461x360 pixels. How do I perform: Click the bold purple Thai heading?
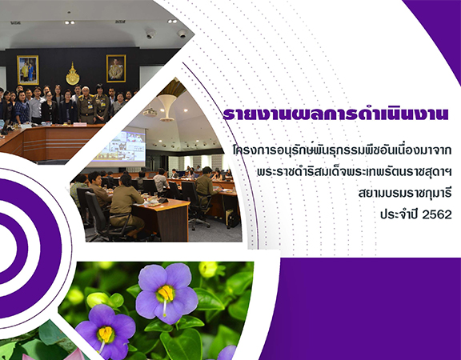point(335,114)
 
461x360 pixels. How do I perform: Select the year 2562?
point(437,215)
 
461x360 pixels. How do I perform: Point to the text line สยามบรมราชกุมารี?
point(405,194)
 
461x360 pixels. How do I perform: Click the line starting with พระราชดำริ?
point(355,172)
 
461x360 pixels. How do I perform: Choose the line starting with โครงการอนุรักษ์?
point(342,150)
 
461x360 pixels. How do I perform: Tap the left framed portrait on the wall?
point(28,70)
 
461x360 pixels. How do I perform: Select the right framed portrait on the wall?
point(116,69)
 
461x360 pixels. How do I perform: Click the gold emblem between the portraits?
point(73,74)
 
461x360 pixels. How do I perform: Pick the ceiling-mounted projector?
point(150,113)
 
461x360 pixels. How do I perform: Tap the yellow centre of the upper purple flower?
point(166,294)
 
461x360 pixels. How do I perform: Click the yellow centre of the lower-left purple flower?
point(106,334)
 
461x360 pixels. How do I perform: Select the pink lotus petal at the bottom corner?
point(78,354)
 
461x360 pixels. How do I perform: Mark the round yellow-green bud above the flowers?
point(208,270)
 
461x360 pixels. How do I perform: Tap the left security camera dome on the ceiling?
point(150,34)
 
